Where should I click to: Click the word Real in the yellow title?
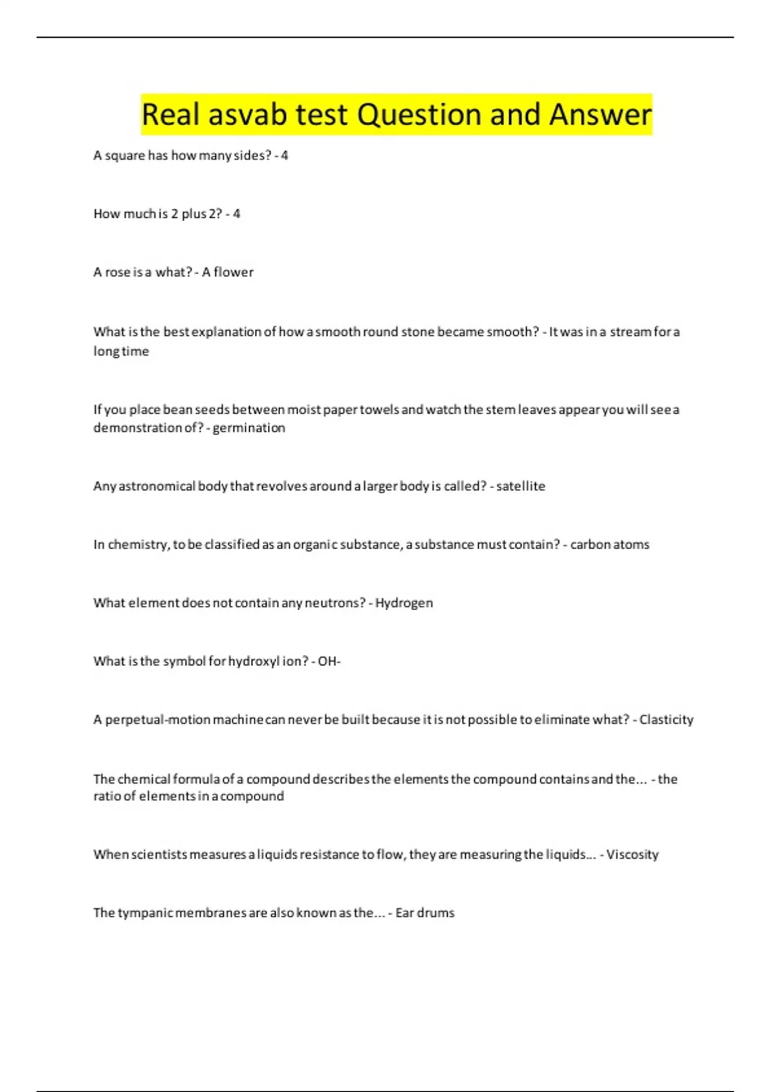pyautogui.click(x=168, y=114)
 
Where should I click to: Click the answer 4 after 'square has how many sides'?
pyautogui.click(x=285, y=155)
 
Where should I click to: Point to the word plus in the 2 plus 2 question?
pyautogui.click(x=193, y=214)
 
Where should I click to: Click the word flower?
pyautogui.click(x=233, y=272)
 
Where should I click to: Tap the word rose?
pyautogui.click(x=118, y=272)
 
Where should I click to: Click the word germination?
pyautogui.click(x=249, y=428)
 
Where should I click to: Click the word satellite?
pyautogui.click(x=520, y=486)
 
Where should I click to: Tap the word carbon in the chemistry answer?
pyautogui.click(x=589, y=545)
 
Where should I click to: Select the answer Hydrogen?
pyautogui.click(x=404, y=603)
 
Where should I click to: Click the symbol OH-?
pyautogui.click(x=329, y=662)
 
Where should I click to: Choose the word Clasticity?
pyautogui.click(x=666, y=720)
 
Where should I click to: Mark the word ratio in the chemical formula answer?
pyautogui.click(x=107, y=797)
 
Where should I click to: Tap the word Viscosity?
pyautogui.click(x=632, y=855)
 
